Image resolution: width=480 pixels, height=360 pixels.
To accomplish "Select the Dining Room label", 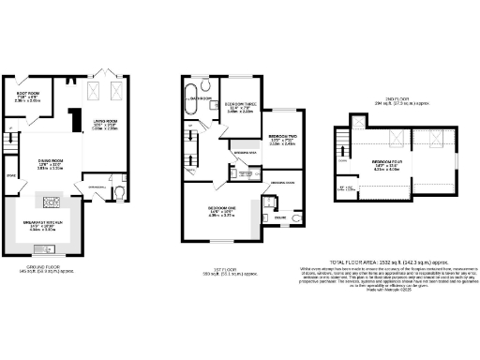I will pos(50,165).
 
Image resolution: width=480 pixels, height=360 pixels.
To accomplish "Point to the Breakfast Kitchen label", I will pos(51,225).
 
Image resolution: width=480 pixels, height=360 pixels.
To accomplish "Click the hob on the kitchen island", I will pos(51,201).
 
